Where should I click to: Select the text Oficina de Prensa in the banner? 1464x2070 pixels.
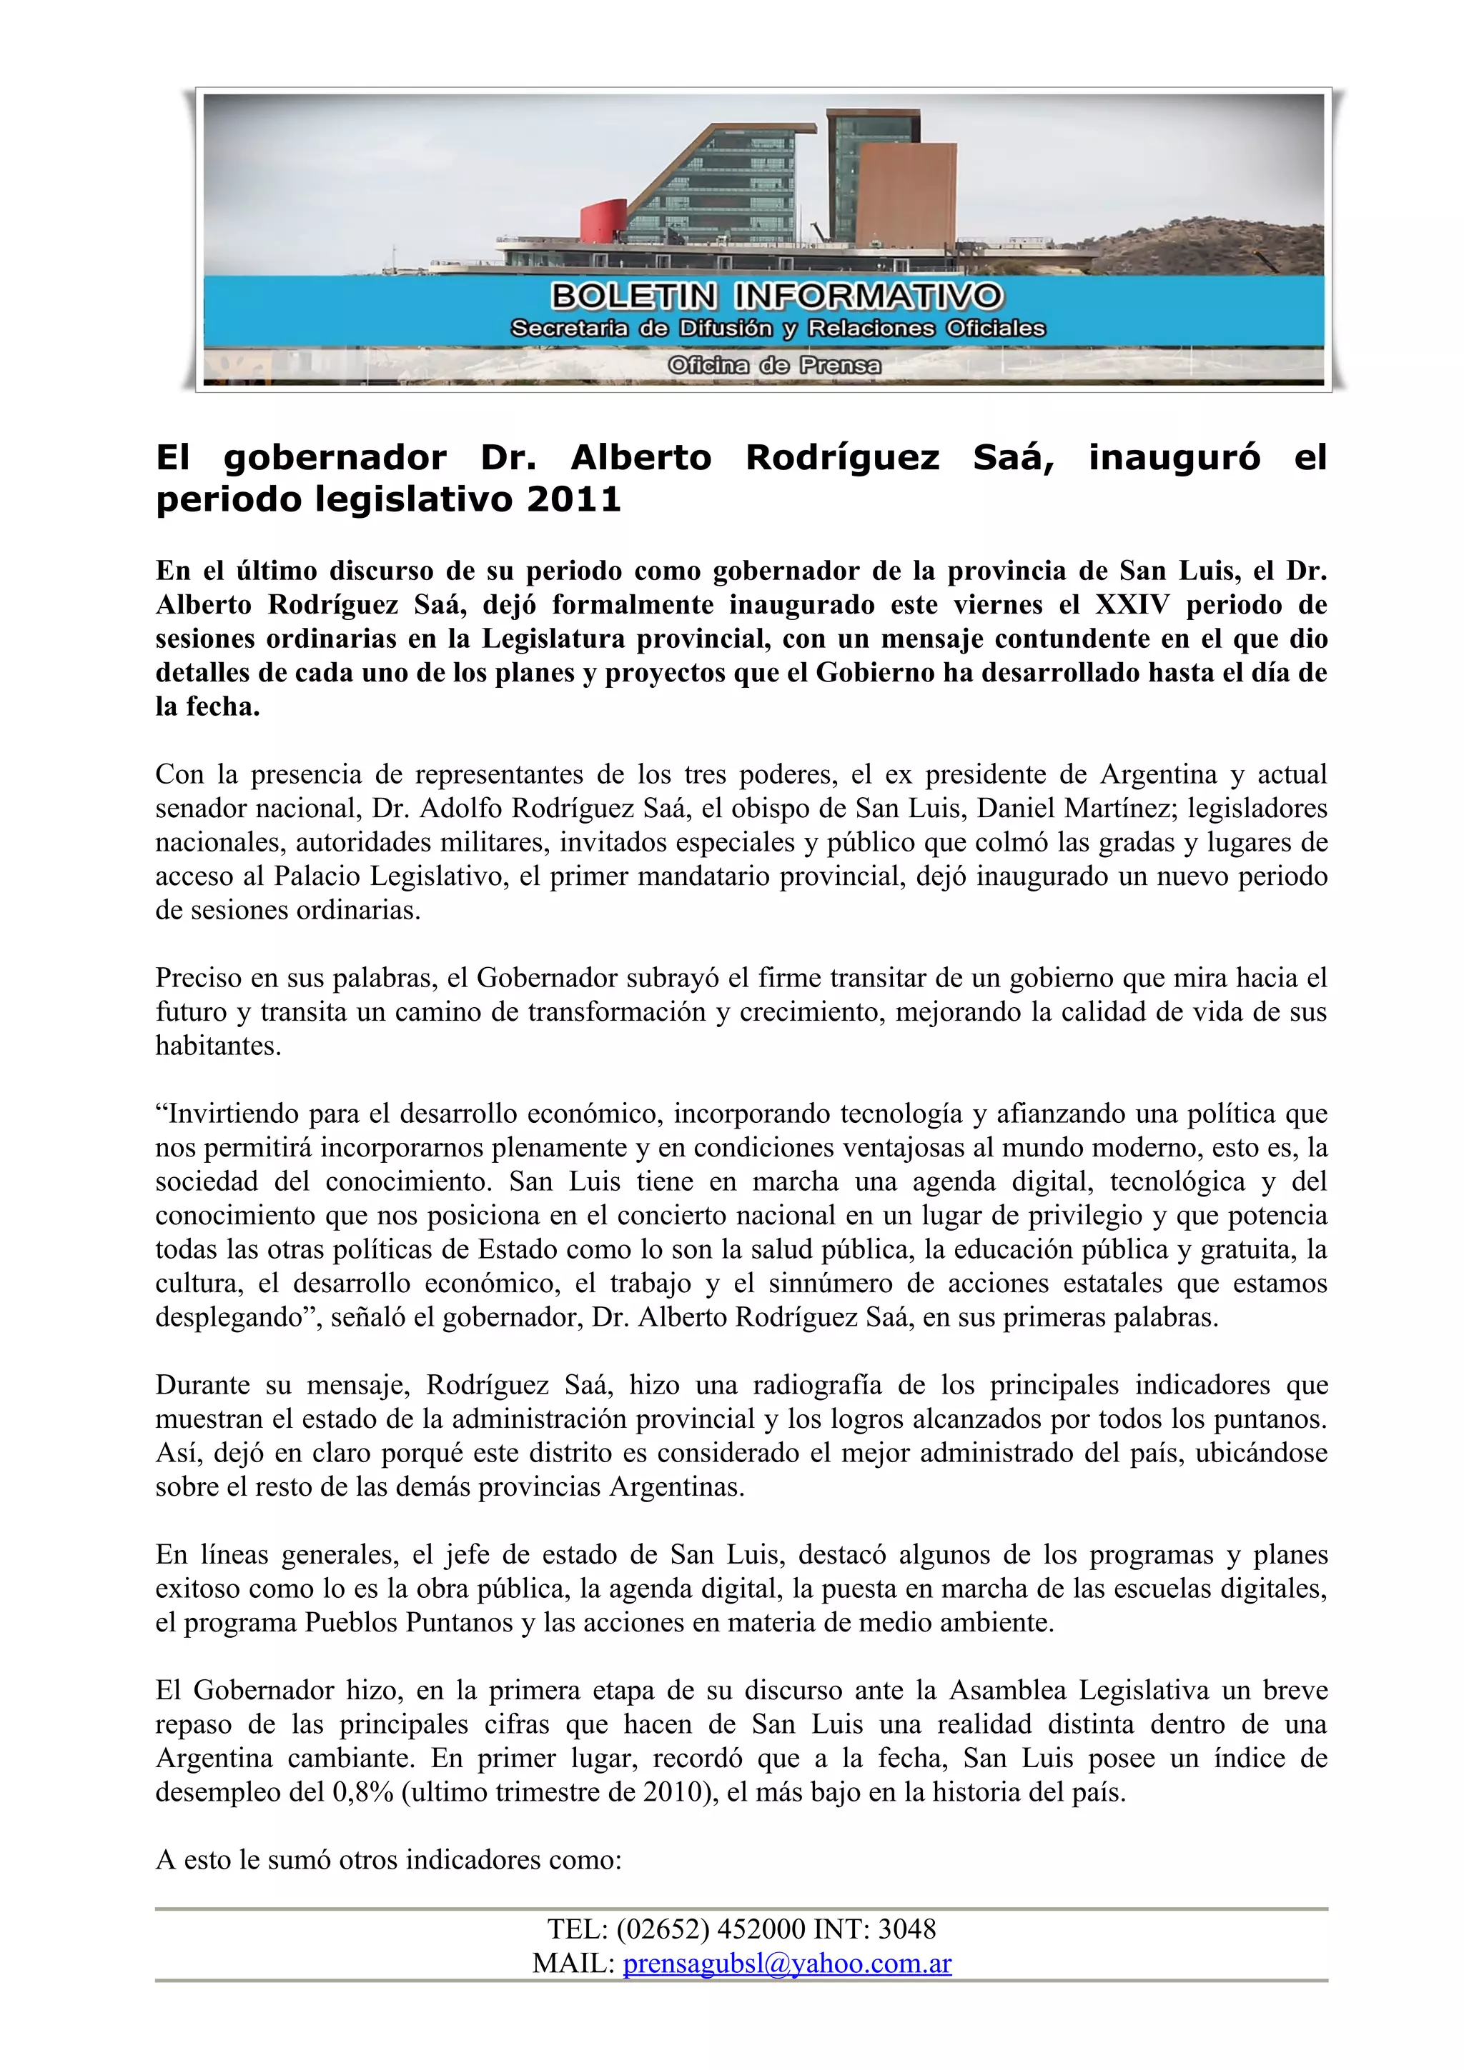774,365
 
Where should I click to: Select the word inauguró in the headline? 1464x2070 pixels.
1174,457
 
